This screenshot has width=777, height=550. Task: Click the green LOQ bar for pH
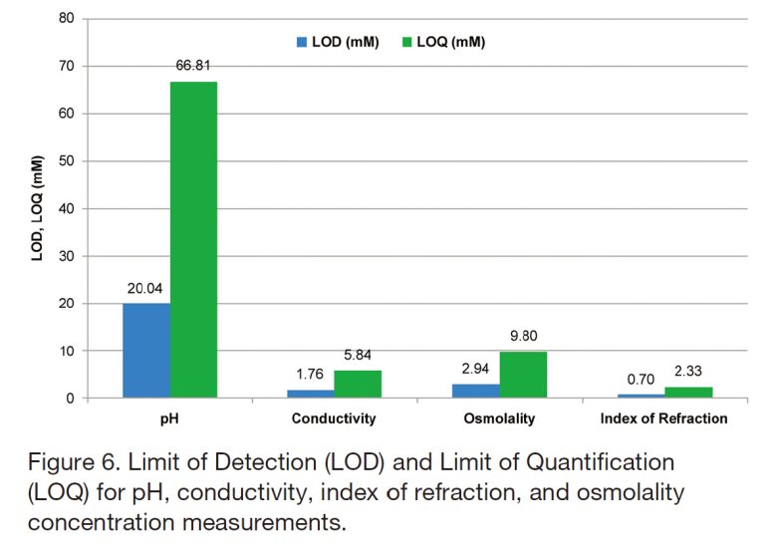(x=193, y=239)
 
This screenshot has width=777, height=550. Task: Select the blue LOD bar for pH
(x=146, y=351)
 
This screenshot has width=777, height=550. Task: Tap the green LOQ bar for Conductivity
(x=358, y=385)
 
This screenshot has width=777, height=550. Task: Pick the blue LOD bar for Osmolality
(x=476, y=392)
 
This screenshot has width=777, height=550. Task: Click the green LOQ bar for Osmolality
(x=523, y=376)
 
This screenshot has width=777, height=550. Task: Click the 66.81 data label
(x=194, y=66)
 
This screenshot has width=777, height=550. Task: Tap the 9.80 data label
(x=523, y=336)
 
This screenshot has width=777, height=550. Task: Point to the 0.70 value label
(x=641, y=379)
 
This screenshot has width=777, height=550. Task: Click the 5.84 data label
(x=358, y=355)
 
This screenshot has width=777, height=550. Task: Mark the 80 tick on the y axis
(x=68, y=18)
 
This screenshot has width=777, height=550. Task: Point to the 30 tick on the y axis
(x=68, y=256)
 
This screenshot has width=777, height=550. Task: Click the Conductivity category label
(x=334, y=418)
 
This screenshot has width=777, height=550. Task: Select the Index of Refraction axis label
(x=664, y=418)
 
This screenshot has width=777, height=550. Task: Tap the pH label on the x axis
(x=169, y=418)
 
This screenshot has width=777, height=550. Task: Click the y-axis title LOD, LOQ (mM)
(x=37, y=208)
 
